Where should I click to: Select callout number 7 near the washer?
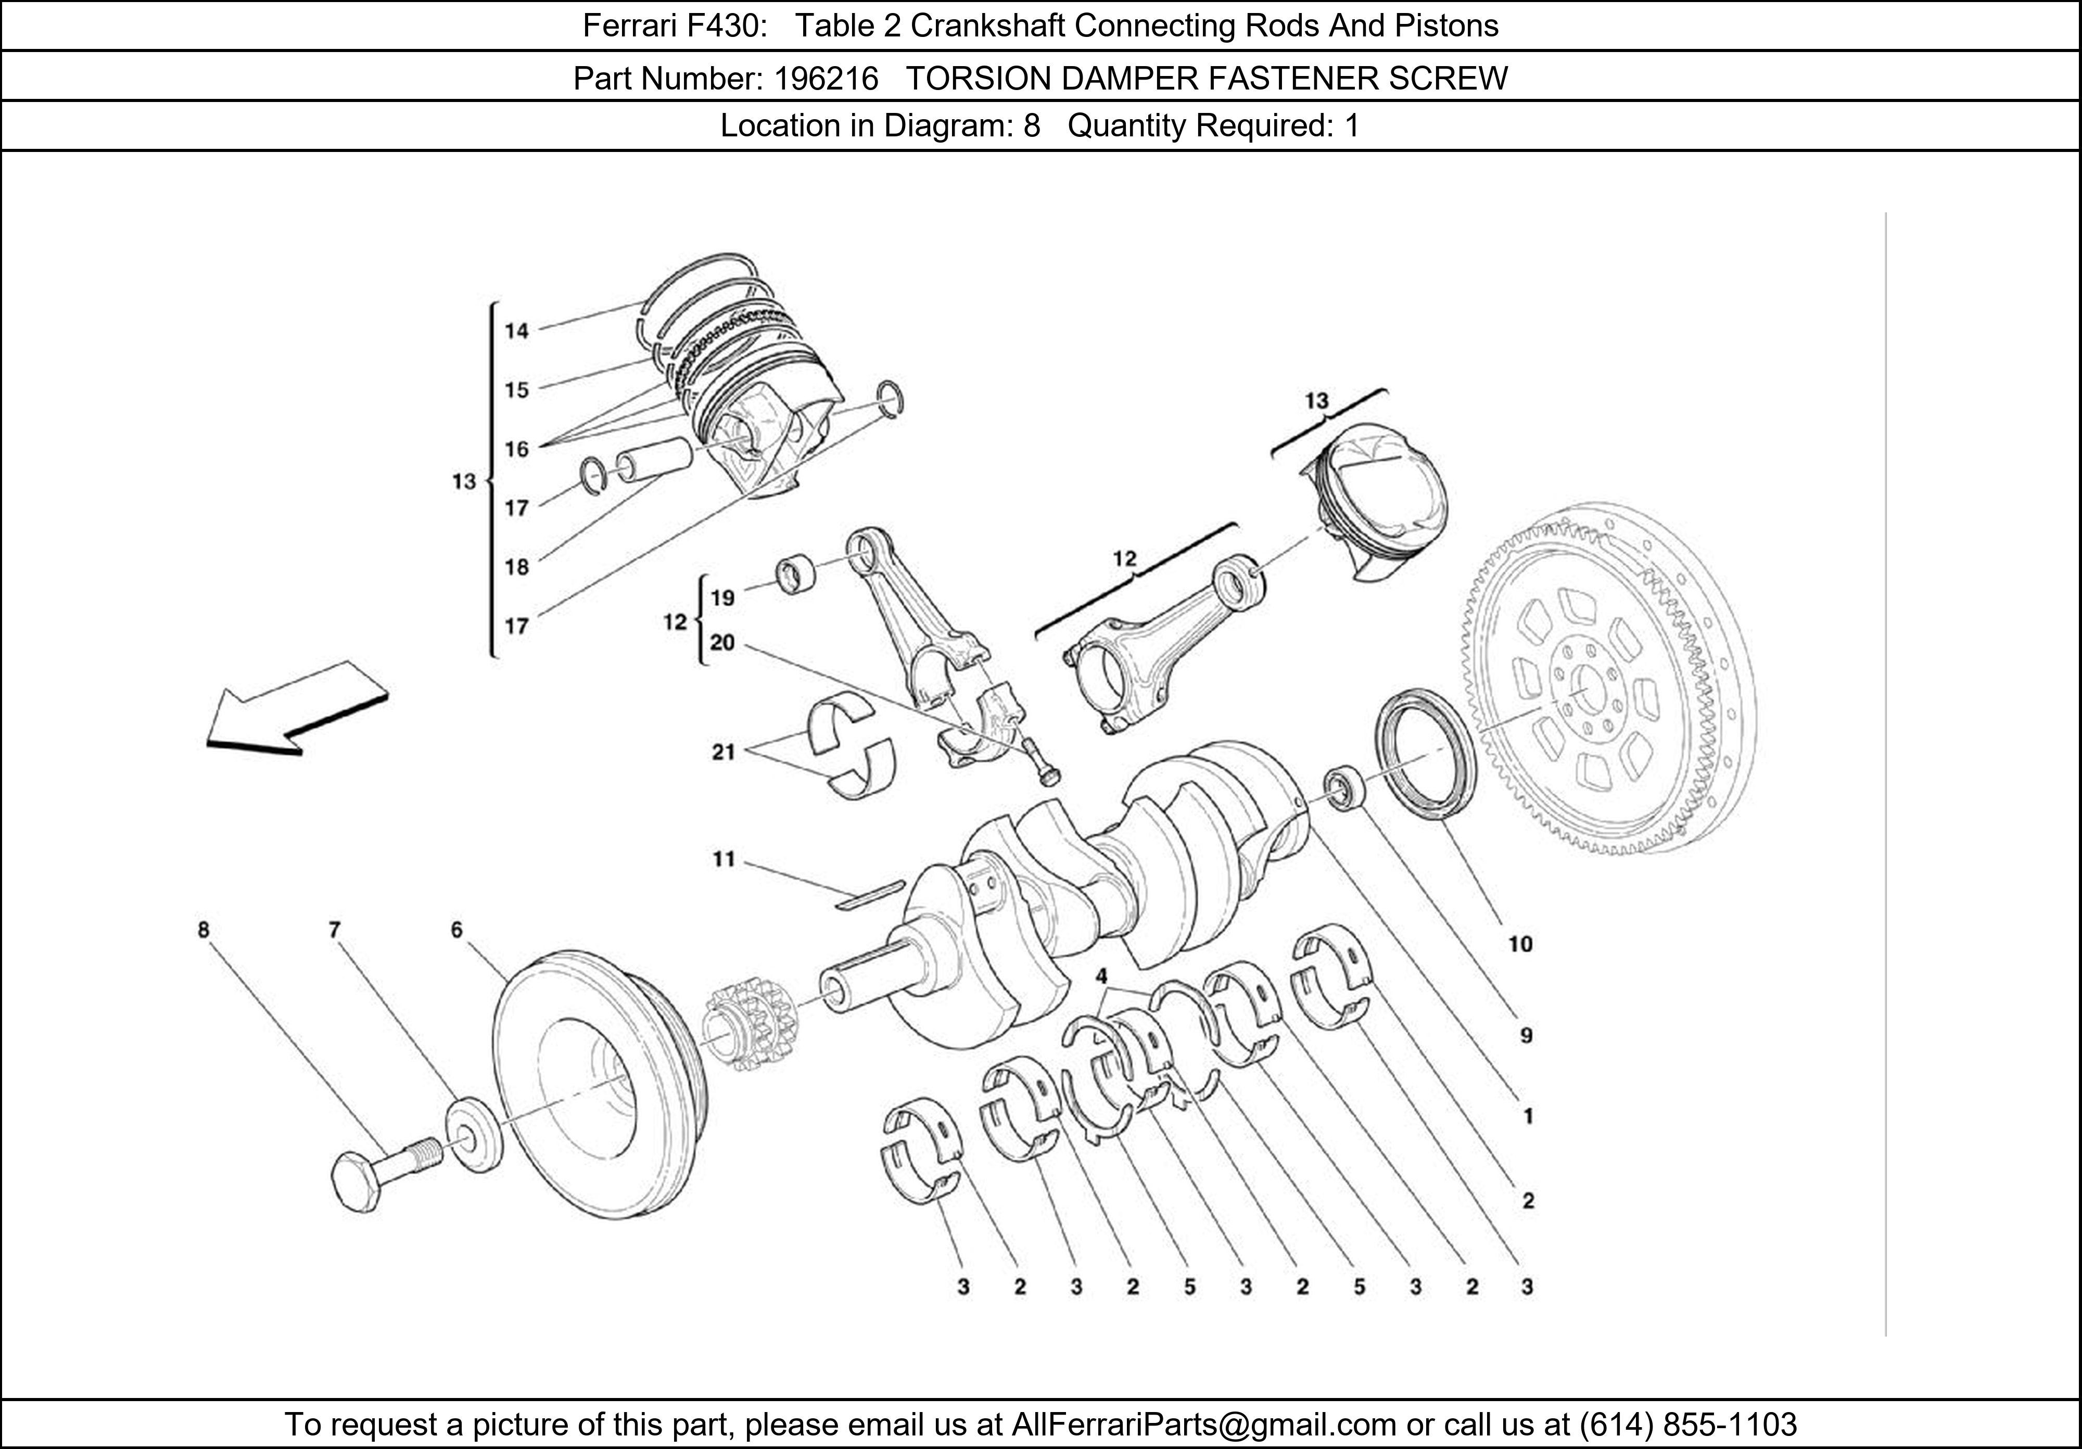pos(335,930)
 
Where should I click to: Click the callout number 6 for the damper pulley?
pos(456,930)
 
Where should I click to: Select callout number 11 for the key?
pos(723,859)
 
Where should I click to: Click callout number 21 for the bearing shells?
pos(723,752)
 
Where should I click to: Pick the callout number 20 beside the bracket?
pos(723,643)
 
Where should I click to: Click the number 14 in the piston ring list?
pos(517,331)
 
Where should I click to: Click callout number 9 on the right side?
pos(1526,1036)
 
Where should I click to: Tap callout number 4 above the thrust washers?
pos(1101,976)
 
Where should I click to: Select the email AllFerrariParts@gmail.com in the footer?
pos(1203,1425)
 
